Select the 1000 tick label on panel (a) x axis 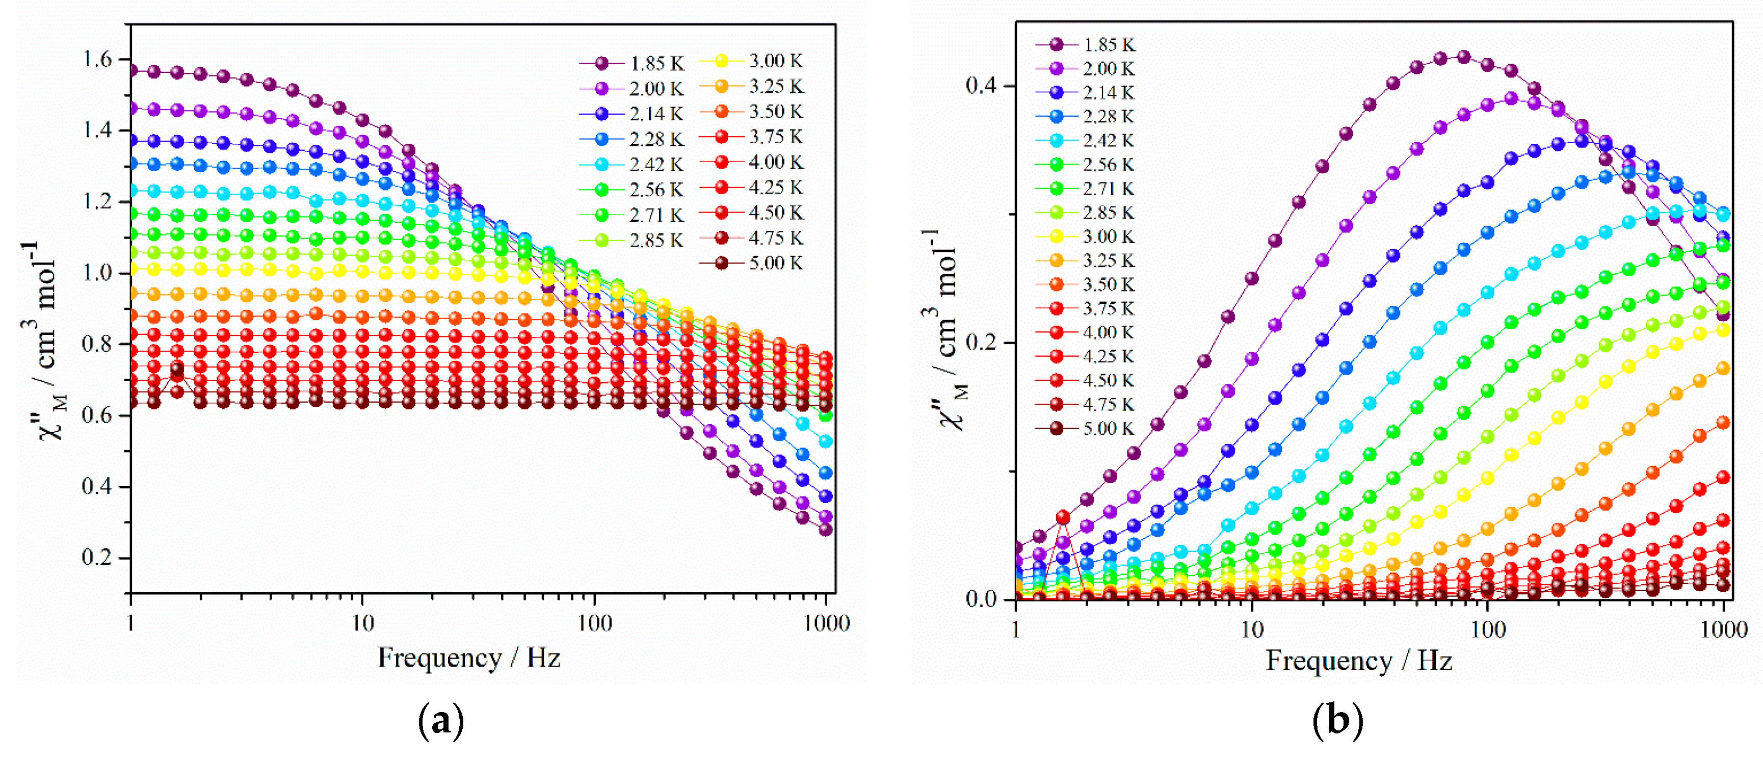coord(826,623)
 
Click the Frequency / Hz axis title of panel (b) coord(1358,661)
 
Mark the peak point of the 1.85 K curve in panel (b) coord(1463,57)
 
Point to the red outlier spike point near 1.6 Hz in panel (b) coord(1063,517)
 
